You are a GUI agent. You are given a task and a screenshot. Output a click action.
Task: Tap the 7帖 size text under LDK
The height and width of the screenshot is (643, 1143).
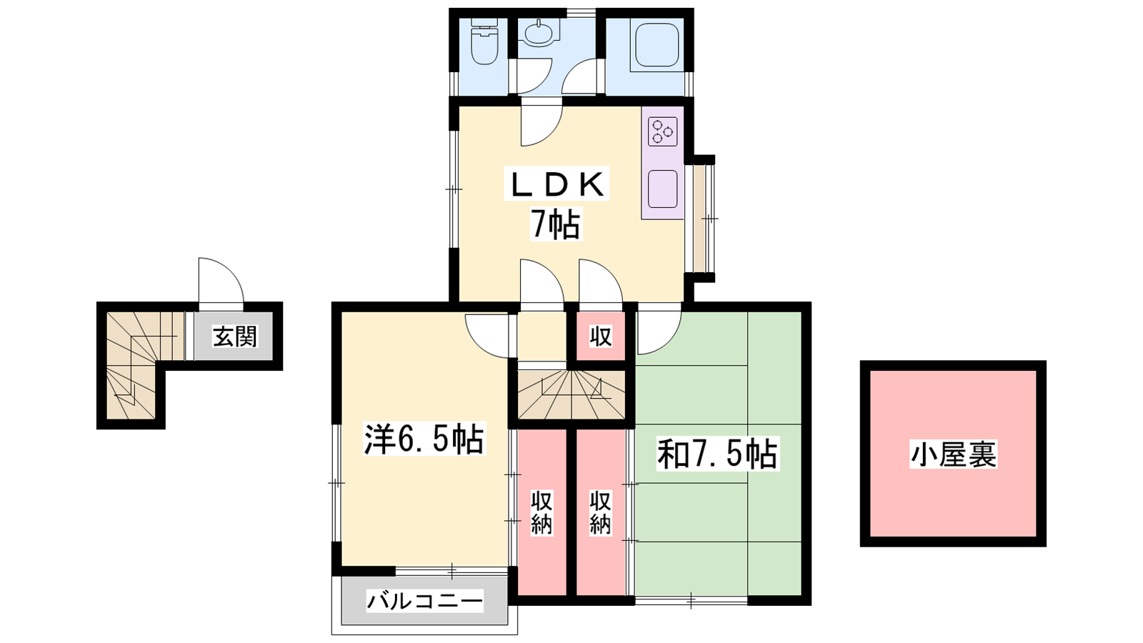tap(556, 224)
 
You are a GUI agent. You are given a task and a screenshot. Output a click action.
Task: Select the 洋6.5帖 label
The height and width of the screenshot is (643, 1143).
tap(424, 439)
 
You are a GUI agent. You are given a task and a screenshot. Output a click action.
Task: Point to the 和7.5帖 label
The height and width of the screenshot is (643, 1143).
tap(717, 453)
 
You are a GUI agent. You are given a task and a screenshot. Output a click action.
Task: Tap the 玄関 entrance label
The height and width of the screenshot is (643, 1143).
tap(235, 337)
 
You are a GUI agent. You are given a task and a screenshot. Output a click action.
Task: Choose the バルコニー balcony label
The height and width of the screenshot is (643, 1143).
tap(424, 601)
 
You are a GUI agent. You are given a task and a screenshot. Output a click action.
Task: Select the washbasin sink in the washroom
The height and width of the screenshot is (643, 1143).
tap(539, 33)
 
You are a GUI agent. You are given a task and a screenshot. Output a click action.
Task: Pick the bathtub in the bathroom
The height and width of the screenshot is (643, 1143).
tap(657, 44)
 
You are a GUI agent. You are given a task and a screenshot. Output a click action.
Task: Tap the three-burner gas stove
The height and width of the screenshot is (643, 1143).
tap(662, 131)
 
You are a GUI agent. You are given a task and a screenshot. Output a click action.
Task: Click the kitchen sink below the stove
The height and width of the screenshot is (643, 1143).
tap(662, 189)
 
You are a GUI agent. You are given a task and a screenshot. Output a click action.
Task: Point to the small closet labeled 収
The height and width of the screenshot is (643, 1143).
tap(601, 336)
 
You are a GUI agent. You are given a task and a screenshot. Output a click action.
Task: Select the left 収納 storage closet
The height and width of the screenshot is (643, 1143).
tap(542, 512)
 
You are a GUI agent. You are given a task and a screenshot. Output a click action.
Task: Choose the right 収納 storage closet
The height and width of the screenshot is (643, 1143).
tap(601, 512)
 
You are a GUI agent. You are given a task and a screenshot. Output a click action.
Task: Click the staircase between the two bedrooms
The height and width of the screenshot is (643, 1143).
tap(571, 394)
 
